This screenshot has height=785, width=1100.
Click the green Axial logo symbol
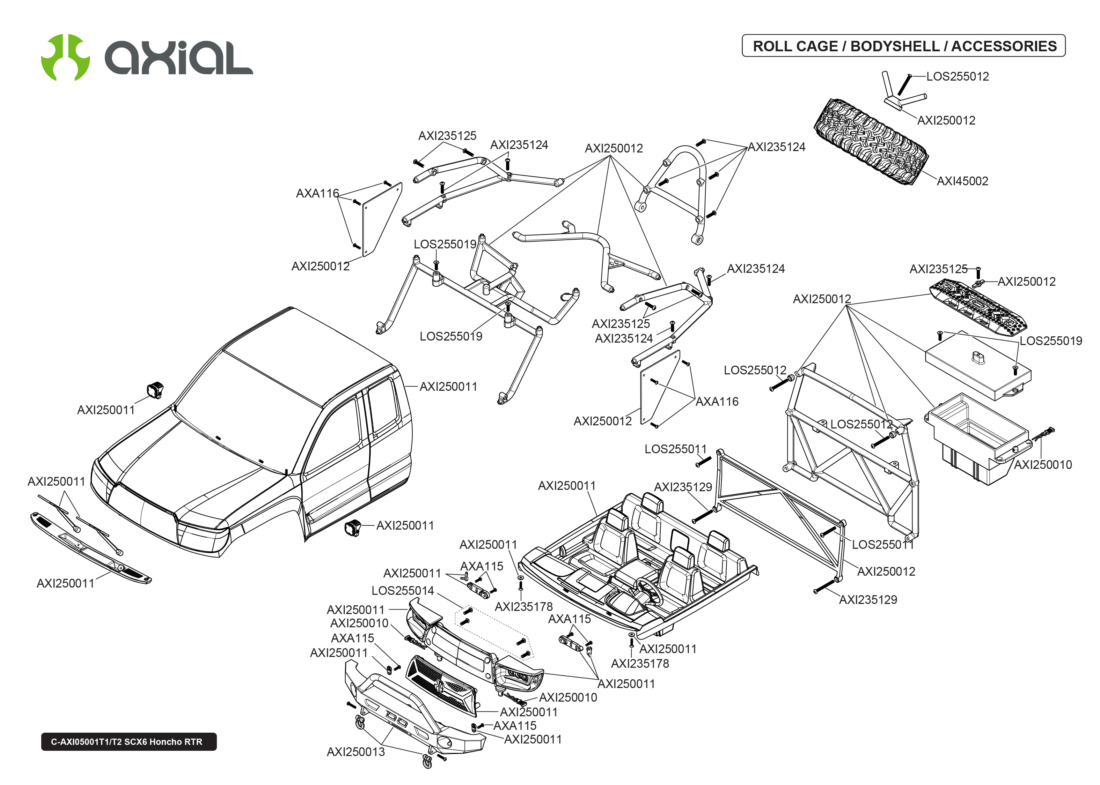65,57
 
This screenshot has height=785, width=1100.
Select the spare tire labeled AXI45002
870,142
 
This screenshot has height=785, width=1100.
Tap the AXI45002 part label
962,181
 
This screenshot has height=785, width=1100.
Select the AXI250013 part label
355,752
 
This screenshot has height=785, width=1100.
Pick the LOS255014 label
403,591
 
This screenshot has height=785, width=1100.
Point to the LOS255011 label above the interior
675,449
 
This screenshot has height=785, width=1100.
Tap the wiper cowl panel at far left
89,549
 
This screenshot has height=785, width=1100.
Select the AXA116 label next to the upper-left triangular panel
317,193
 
